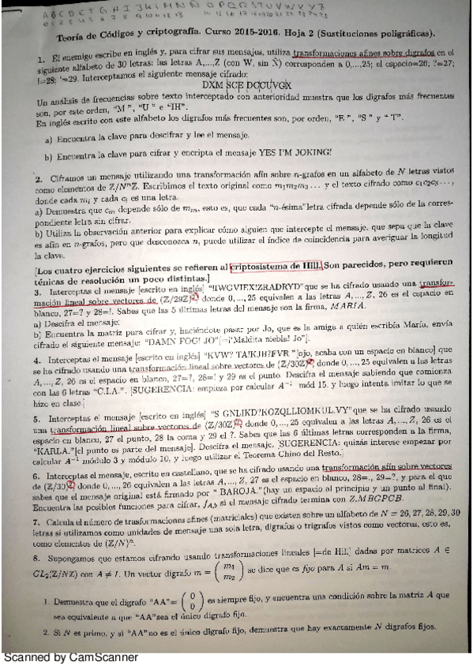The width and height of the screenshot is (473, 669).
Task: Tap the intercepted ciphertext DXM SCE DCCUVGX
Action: [235, 82]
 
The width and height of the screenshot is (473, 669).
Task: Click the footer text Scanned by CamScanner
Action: [70, 656]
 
